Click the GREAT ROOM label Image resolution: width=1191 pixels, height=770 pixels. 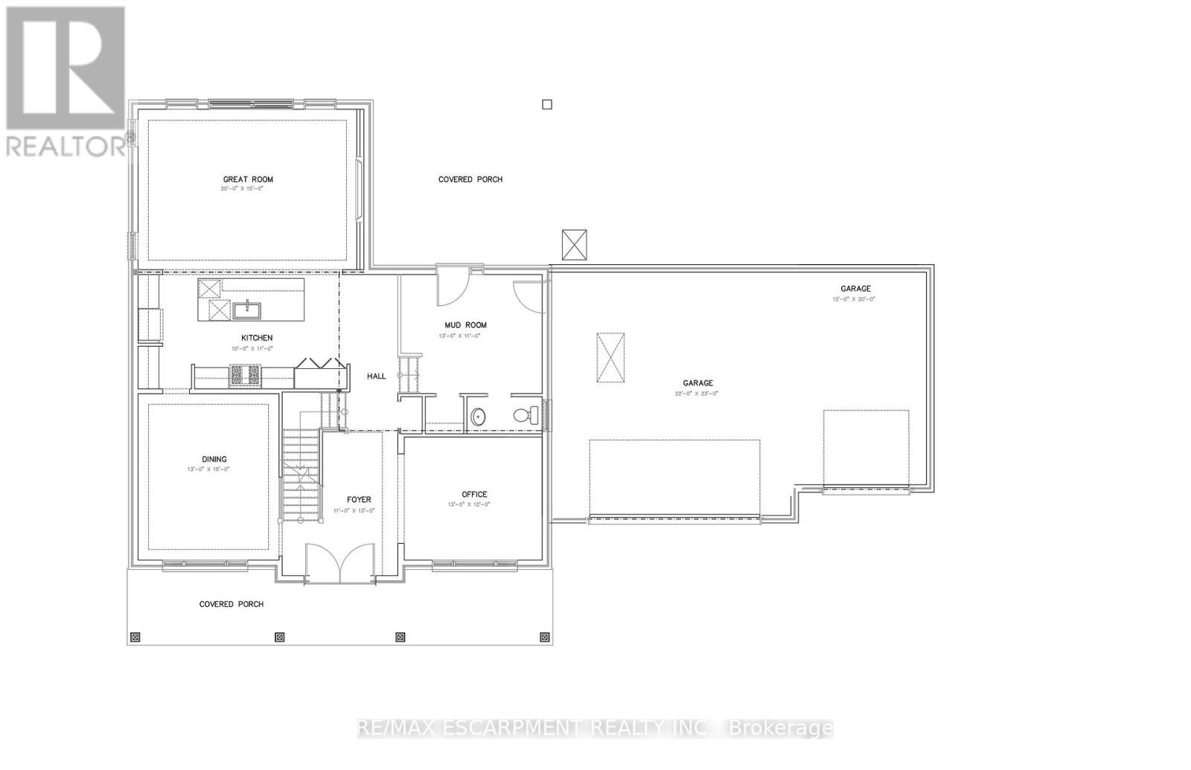coord(248,179)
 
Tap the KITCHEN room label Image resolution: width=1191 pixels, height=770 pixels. coord(256,338)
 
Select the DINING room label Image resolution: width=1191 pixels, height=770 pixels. coord(214,459)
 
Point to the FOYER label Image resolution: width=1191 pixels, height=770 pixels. coord(359,500)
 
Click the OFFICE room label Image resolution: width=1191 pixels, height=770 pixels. coord(474,494)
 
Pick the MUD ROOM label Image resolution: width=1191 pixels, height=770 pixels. coord(465,325)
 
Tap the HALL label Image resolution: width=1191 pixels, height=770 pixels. coord(377,376)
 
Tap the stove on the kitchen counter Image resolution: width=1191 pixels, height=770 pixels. coord(246,375)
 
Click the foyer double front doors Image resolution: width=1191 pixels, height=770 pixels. coord(340,563)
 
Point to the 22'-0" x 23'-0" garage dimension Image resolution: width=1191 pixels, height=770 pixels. coord(697,394)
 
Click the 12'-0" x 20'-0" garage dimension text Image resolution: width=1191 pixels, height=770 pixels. coord(854,299)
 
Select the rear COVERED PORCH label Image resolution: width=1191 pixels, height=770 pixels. coord(470,179)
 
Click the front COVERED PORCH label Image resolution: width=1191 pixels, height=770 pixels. coord(231,604)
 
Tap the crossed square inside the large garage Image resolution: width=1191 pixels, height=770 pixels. coord(610,358)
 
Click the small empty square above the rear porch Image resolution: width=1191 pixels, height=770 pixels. coord(547,105)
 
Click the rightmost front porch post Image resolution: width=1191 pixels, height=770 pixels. coord(544,638)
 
